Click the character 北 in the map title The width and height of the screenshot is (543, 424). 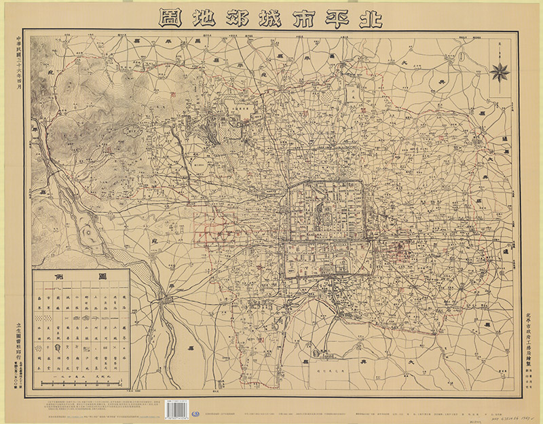(x=371, y=17)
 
